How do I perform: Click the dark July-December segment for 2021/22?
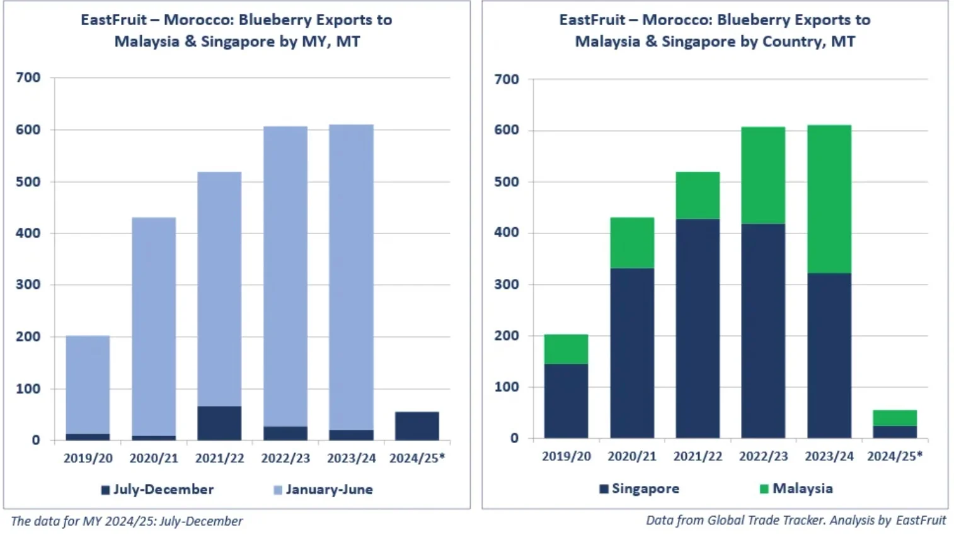pyautogui.click(x=219, y=423)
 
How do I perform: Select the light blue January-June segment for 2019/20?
pyautogui.click(x=88, y=385)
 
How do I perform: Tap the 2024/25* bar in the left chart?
pyautogui.click(x=417, y=426)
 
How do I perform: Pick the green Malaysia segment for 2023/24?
pyautogui.click(x=829, y=199)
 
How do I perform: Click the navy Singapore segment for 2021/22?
pyautogui.click(x=698, y=328)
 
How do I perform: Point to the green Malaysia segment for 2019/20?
pyautogui.click(x=566, y=349)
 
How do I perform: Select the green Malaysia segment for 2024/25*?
pyautogui.click(x=895, y=418)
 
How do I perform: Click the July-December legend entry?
pyautogui.click(x=158, y=490)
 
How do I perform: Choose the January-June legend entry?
pyautogui.click(x=323, y=490)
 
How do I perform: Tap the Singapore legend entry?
pyautogui.click(x=640, y=488)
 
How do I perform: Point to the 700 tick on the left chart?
pyautogui.click(x=28, y=77)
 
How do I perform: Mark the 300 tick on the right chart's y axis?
pyautogui.click(x=507, y=284)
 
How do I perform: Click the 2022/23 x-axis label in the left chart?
pyautogui.click(x=285, y=458)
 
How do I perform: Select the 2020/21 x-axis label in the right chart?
pyautogui.click(x=632, y=456)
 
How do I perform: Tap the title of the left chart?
pyautogui.click(x=237, y=30)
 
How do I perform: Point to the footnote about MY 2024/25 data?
pyautogui.click(x=127, y=521)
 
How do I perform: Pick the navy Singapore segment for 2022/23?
pyautogui.click(x=763, y=330)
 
